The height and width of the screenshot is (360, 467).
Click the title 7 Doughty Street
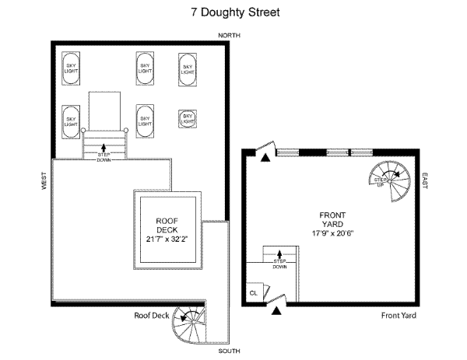point(235,12)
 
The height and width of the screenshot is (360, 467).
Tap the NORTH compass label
point(229,36)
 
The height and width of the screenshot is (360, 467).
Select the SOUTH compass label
point(229,351)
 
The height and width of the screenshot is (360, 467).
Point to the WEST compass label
point(44,180)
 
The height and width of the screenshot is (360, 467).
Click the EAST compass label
point(425,180)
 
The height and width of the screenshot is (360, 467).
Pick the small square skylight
point(188,119)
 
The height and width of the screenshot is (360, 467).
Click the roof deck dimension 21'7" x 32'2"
point(167,239)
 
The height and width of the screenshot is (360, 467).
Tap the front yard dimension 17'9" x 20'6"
point(332,233)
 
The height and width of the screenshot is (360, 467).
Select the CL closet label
point(254,293)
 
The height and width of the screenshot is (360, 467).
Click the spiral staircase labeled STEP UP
point(390,181)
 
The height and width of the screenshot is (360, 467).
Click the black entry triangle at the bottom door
point(276,311)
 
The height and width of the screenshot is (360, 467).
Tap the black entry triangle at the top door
point(265,158)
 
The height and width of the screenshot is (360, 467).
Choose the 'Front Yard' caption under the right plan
point(399,316)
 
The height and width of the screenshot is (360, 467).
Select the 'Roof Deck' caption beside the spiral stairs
point(152,316)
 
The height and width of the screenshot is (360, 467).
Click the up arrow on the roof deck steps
point(104,148)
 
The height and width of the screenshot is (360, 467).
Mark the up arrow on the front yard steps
point(279,254)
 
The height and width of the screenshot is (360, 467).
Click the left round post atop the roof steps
point(83,130)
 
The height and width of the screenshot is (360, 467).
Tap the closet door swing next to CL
point(266,292)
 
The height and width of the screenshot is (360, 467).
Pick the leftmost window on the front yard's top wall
point(288,152)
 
